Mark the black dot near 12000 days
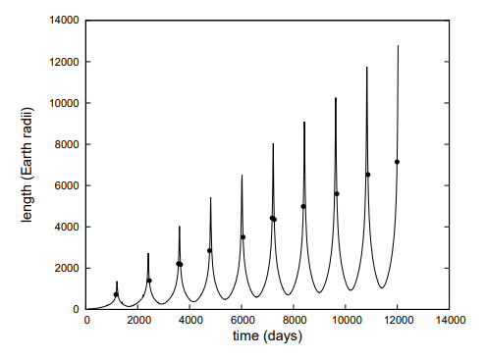[398, 162]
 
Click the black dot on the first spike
[116, 294]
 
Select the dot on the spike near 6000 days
[243, 237]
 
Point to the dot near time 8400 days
[303, 206]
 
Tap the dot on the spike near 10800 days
[367, 175]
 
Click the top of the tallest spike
[398, 45]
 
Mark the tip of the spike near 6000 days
[242, 176]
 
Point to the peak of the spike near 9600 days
[336, 98]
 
